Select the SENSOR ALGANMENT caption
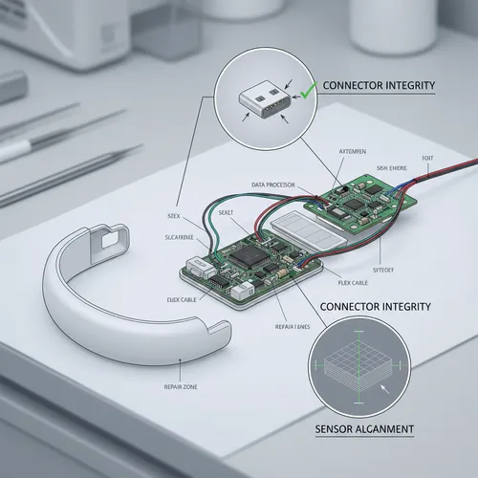pos(365,428)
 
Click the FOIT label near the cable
pos(425,159)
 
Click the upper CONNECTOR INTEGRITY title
pos(379,86)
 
